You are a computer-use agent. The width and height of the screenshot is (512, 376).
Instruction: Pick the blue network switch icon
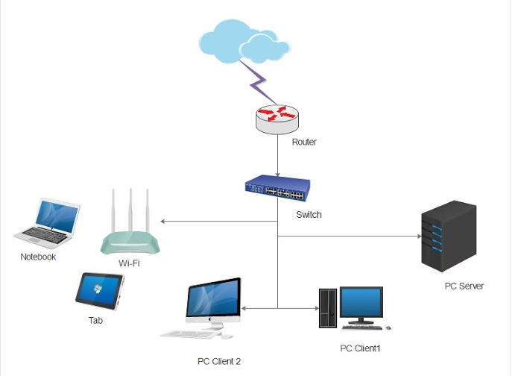(277, 189)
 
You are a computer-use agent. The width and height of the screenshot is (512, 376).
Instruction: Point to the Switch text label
(309, 215)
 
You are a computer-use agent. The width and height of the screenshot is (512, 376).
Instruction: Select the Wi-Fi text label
(129, 263)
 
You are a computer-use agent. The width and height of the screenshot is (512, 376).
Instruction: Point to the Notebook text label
(38, 257)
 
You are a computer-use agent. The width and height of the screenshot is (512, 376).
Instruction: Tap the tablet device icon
(99, 292)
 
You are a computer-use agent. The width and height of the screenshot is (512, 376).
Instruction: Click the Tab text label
(95, 321)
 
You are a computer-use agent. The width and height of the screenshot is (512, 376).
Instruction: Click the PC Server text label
(464, 286)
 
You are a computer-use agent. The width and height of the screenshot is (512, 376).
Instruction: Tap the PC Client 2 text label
(219, 361)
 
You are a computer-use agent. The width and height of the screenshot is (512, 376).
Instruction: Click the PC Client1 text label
(360, 348)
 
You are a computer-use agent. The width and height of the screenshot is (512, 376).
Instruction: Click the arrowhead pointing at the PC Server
(417, 236)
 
